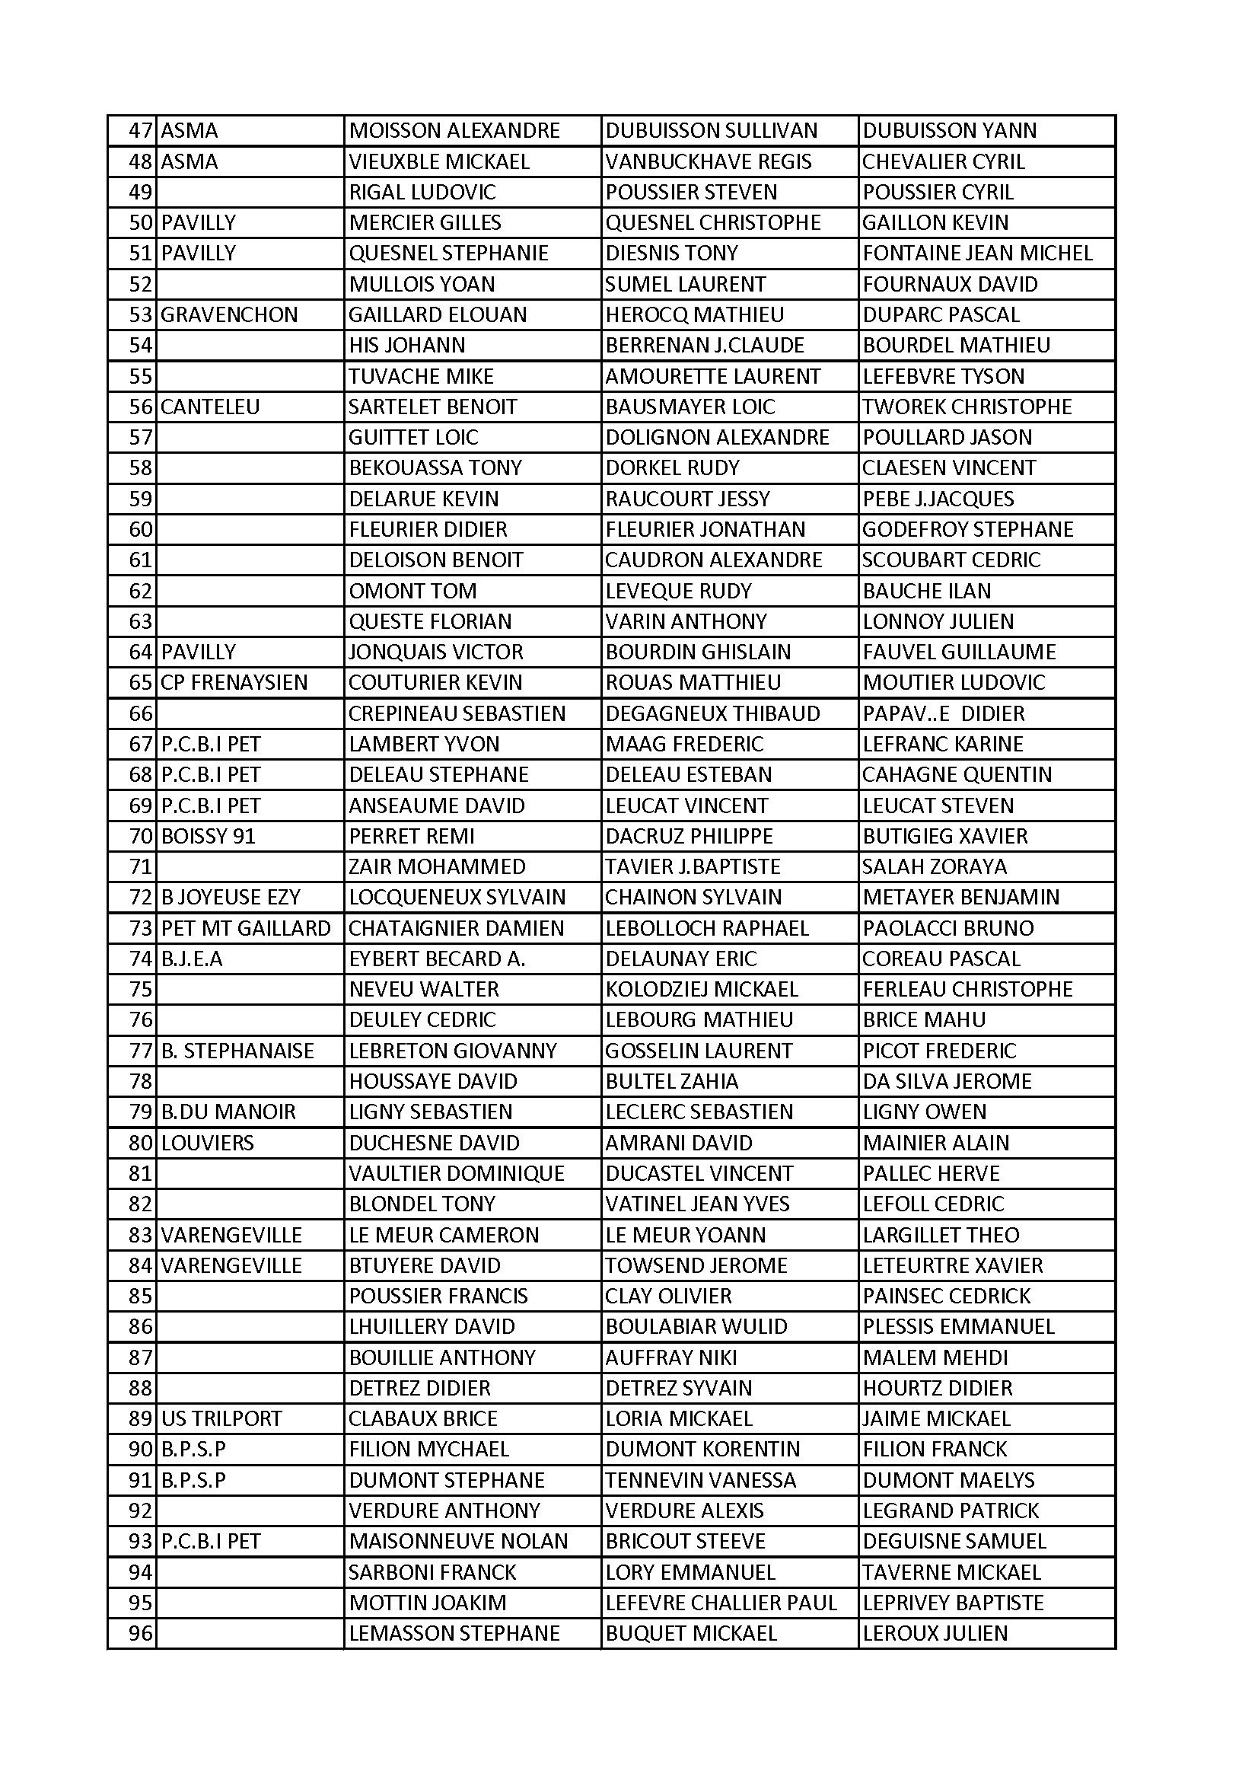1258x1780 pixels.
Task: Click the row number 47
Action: click(140, 130)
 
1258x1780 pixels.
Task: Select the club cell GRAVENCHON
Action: click(228, 314)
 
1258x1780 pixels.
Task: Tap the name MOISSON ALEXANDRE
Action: click(454, 130)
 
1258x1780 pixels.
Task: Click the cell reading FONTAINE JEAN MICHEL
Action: click(977, 254)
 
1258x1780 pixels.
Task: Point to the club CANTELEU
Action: click(210, 407)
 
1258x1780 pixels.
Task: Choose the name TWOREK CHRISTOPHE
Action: click(967, 407)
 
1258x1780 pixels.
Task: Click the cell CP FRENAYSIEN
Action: click(234, 683)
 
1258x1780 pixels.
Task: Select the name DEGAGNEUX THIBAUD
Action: click(712, 713)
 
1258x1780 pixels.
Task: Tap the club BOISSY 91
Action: click(208, 837)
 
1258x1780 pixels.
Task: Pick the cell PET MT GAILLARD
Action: click(246, 928)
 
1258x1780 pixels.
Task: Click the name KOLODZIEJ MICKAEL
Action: click(702, 989)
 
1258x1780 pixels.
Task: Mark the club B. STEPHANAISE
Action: click(237, 1051)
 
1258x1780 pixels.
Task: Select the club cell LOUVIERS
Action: click(207, 1143)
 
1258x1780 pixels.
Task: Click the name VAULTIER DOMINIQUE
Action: click(457, 1174)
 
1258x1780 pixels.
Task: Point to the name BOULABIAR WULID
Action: click(696, 1326)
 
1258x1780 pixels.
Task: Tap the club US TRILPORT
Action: click(221, 1418)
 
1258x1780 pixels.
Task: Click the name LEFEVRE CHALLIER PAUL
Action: click(721, 1603)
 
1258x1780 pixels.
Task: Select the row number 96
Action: click(140, 1634)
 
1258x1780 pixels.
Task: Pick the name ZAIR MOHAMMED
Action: click(437, 866)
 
